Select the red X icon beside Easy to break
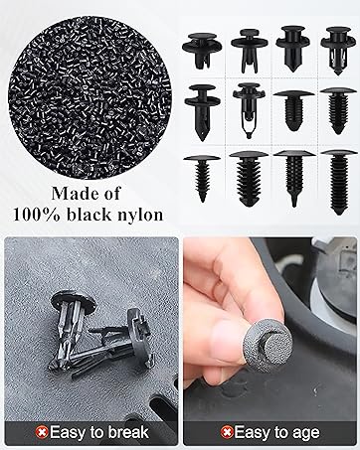42,432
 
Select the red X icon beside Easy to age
227,432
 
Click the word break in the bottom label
128,432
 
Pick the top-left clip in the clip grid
202,51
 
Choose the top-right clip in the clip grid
338,51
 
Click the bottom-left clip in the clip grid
202,178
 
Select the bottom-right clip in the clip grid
339,182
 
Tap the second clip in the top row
249,51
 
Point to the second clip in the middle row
249,110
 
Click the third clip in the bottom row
294,178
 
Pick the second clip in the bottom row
249,179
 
